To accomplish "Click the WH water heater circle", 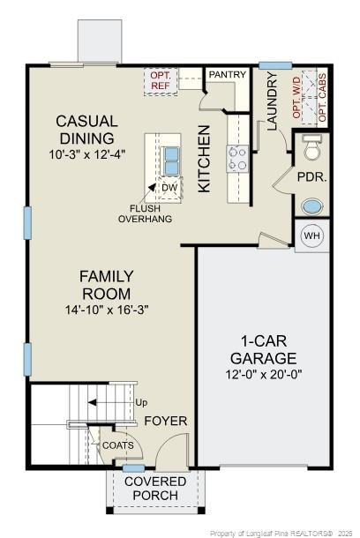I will [312, 235].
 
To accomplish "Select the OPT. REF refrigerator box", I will [161, 81].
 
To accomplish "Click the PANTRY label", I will [227, 76].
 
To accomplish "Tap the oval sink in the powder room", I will [312, 206].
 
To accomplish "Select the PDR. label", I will [311, 176].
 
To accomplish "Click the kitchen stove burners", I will [237, 158].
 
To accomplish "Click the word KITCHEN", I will [204, 159].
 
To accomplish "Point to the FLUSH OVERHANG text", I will [145, 213].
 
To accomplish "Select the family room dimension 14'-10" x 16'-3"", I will [107, 310].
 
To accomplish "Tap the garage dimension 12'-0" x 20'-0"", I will [262, 374].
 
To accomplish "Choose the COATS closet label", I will [117, 445].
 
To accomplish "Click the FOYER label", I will [166, 421].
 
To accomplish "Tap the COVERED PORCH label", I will [154, 488].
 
